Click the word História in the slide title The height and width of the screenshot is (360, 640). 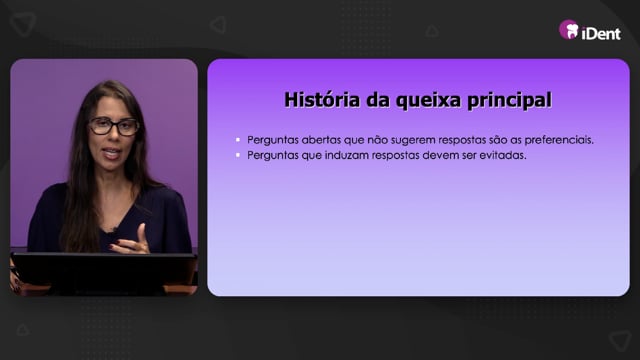pyautogui.click(x=322, y=100)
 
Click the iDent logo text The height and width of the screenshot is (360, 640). pyautogui.click(x=601, y=33)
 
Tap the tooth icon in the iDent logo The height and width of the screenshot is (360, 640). pyautogui.click(x=571, y=30)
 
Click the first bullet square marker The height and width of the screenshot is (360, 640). pyautogui.click(x=238, y=140)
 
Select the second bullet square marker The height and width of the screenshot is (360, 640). pyautogui.click(x=238, y=155)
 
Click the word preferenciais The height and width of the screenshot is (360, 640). pyautogui.click(x=559, y=140)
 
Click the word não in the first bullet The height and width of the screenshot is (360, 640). pyautogui.click(x=377, y=140)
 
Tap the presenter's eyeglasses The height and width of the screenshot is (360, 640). pyautogui.click(x=114, y=126)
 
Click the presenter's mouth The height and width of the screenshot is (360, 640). pyautogui.click(x=111, y=153)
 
